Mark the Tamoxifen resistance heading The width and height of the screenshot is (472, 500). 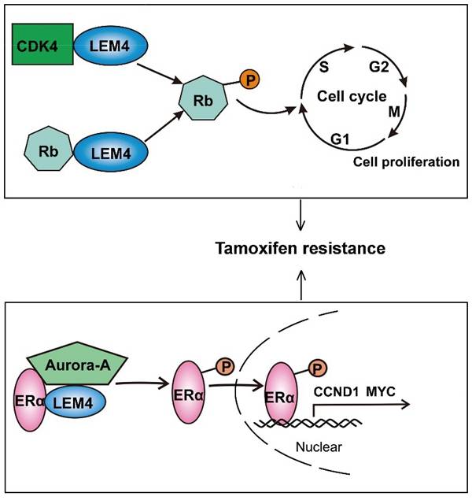(x=301, y=248)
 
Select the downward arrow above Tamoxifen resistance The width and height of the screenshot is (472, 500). (x=301, y=213)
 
